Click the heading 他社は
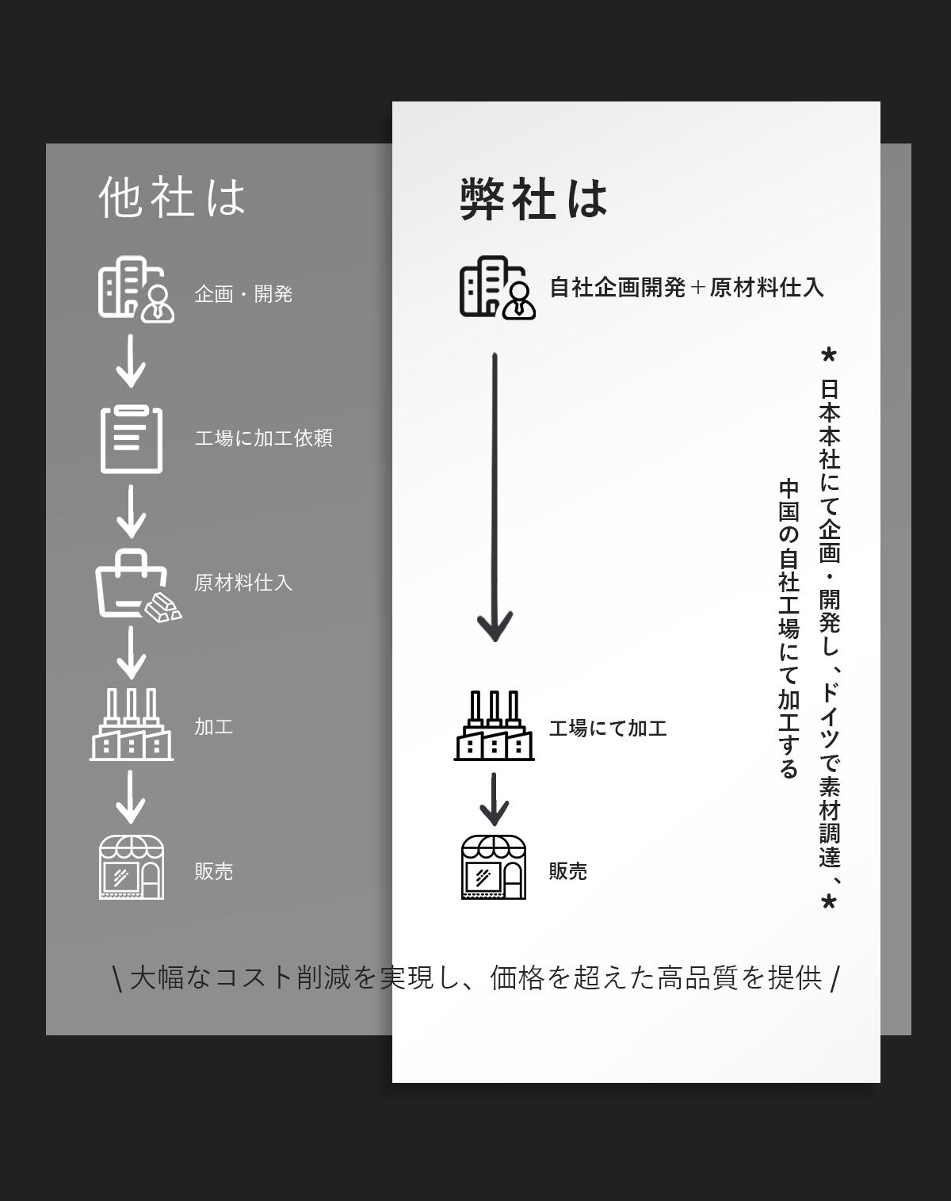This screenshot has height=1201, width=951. click(x=172, y=197)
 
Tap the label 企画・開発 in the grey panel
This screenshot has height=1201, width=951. click(x=243, y=294)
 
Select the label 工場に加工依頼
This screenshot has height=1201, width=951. click(x=263, y=438)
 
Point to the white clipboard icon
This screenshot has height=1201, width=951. click(x=132, y=439)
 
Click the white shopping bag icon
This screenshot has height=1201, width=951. click(x=135, y=585)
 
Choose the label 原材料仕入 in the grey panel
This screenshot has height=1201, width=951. click(x=243, y=583)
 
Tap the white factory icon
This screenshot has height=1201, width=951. click(x=132, y=725)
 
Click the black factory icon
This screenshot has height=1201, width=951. click(x=494, y=726)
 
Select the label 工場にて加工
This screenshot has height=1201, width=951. click(x=608, y=728)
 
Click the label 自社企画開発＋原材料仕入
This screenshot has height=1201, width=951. click(x=686, y=287)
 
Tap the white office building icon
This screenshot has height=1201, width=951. click(x=135, y=289)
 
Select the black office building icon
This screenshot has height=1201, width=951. click(x=496, y=288)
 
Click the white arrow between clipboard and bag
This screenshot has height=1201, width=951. click(x=132, y=511)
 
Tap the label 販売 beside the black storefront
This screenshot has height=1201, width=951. click(x=568, y=871)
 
